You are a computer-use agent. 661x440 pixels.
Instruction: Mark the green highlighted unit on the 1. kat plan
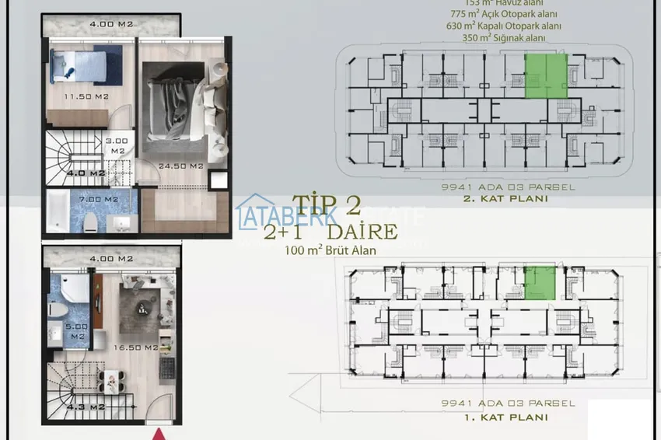pos(540,281)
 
